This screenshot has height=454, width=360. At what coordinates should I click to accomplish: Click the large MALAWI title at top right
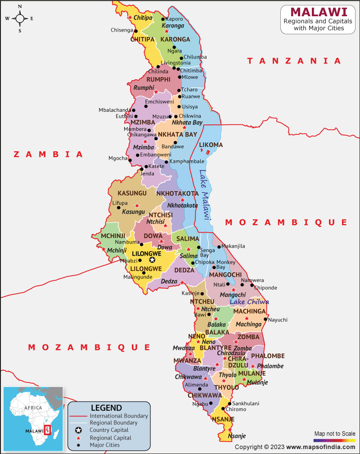[318, 12]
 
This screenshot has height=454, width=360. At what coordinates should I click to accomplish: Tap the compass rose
[20, 18]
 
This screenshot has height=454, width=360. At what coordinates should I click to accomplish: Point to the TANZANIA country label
[294, 61]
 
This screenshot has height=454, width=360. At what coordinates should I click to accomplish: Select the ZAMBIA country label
[49, 154]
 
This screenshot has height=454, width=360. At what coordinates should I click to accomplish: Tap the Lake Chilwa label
[249, 302]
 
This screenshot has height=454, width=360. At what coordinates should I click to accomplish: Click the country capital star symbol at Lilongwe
[152, 260]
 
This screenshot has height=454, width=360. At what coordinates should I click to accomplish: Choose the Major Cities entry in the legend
[105, 445]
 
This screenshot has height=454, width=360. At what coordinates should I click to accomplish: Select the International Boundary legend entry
[119, 416]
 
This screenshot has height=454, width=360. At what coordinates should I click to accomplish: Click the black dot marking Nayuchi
[265, 320]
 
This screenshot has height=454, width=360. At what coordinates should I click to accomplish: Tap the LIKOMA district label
[211, 145]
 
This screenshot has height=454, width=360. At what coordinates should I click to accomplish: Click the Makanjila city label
[233, 246]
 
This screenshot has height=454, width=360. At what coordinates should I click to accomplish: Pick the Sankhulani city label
[246, 404]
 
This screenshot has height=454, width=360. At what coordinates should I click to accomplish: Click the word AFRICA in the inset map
[33, 408]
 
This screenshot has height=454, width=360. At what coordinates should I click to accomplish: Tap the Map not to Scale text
[334, 433]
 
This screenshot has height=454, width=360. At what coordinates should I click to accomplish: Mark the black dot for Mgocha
[130, 160]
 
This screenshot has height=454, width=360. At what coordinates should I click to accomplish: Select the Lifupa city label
[120, 203]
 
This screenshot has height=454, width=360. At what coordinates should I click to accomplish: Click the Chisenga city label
[121, 30]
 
